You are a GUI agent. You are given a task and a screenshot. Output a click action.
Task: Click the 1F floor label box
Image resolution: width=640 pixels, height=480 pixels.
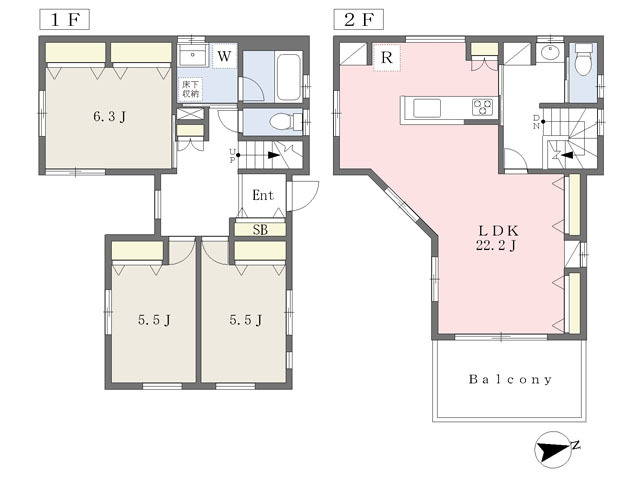[64, 20]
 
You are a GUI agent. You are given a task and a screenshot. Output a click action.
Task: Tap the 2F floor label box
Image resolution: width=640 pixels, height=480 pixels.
[358, 20]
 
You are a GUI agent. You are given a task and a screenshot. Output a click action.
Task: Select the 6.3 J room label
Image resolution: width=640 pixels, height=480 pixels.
[109, 117]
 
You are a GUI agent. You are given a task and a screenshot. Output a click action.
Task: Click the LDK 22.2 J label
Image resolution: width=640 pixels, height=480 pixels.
[498, 238]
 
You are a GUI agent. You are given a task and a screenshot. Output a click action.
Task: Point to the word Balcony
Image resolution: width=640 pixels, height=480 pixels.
[510, 380]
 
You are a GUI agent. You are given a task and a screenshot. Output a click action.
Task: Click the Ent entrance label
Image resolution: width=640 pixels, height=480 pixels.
[262, 195]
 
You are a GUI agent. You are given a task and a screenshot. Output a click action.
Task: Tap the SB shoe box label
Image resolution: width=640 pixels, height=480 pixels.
[260, 230]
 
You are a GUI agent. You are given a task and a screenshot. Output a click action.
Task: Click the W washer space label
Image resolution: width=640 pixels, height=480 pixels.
[224, 56]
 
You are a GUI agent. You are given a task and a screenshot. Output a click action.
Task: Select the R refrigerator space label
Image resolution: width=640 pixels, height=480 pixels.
[386, 58]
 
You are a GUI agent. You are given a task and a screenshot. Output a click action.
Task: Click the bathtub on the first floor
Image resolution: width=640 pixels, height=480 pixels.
[289, 76]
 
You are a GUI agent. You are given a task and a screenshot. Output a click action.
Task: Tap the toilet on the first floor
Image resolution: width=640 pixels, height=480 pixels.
[284, 121]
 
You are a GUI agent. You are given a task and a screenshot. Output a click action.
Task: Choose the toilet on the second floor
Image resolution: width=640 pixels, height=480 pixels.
[583, 60]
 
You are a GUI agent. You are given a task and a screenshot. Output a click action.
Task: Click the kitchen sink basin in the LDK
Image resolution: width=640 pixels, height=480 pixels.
[427, 108]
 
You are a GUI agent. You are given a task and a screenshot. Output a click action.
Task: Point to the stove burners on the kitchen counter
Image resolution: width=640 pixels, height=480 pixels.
[482, 107]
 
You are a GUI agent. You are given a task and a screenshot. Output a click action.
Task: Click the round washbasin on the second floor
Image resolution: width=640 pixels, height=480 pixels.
[549, 53]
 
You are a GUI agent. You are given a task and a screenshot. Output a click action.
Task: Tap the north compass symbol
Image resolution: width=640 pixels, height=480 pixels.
[554, 449]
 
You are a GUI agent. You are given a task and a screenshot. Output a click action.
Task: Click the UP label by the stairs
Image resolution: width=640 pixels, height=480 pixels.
[232, 156]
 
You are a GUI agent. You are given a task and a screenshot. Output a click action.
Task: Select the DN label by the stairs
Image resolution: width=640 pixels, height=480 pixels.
[536, 122]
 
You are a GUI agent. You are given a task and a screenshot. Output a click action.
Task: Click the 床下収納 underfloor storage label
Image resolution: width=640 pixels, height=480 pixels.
[190, 89]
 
